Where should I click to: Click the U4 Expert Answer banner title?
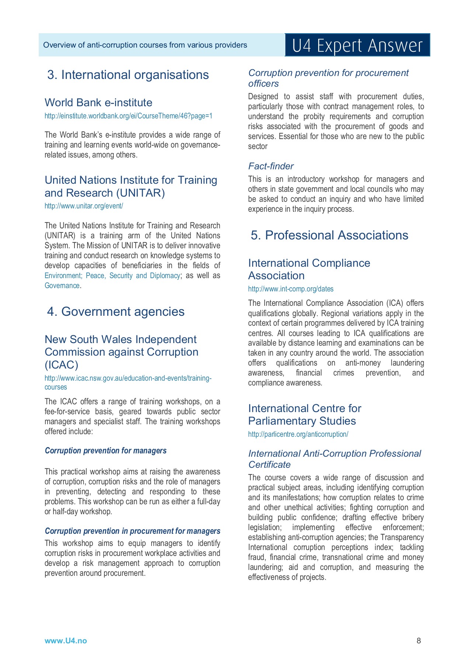click(x=357, y=46)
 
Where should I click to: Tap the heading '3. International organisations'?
click(x=128, y=75)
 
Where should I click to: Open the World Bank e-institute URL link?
click(x=128, y=116)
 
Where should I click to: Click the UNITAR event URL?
click(x=84, y=206)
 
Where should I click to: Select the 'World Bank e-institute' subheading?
click(x=98, y=103)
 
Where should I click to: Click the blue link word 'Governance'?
click(x=62, y=286)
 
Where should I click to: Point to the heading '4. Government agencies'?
click(x=116, y=312)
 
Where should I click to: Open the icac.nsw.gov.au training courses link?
click(x=128, y=379)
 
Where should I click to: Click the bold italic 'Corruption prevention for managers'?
click(x=105, y=451)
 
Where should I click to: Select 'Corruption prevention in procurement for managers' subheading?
click(x=132, y=531)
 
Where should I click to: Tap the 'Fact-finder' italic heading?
click(x=271, y=166)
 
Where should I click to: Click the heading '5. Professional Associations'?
click(x=329, y=235)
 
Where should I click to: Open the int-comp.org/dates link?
click(x=291, y=289)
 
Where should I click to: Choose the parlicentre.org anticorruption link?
click(x=298, y=435)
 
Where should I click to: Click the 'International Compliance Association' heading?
click(x=309, y=269)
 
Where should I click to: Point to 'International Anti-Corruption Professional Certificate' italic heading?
click(x=334, y=459)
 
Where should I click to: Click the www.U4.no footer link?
click(x=66, y=641)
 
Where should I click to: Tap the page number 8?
click(x=418, y=641)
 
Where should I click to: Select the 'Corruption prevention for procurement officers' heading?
click(x=328, y=78)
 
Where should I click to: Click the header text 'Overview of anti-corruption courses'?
click(x=145, y=45)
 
